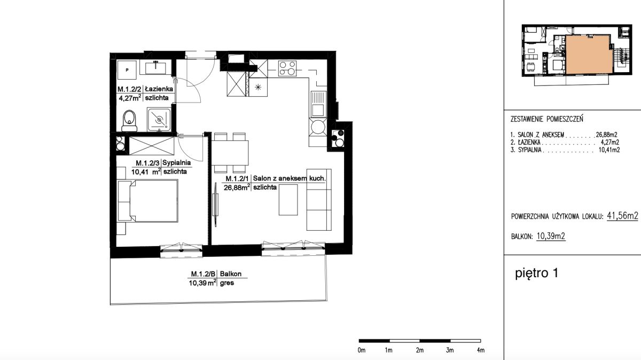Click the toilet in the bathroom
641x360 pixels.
(x=129, y=121)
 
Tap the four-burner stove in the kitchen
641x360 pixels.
(x=287, y=68)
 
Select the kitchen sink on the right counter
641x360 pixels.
(x=318, y=104)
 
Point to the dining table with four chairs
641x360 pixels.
(x=230, y=153)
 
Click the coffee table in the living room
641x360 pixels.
(x=288, y=200)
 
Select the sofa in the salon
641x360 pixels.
(x=319, y=200)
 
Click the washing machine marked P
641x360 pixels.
(x=127, y=70)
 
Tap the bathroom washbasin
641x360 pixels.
(x=155, y=68)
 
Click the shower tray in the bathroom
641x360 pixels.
(x=159, y=119)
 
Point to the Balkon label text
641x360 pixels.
(x=231, y=274)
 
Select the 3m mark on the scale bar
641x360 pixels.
(x=450, y=350)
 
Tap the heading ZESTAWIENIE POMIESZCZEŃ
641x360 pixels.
(x=546, y=119)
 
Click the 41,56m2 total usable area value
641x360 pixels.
(x=622, y=216)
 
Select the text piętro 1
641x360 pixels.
(x=536, y=273)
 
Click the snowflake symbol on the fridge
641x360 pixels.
(x=258, y=87)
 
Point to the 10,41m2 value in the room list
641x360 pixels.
(x=609, y=150)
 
